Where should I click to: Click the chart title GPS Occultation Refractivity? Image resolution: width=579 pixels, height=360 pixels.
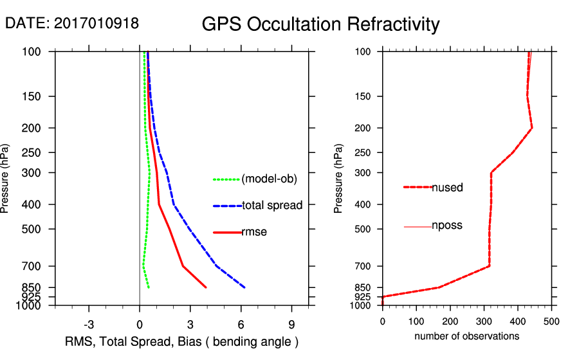(x=320, y=24)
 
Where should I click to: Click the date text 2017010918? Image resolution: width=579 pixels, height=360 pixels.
(x=96, y=23)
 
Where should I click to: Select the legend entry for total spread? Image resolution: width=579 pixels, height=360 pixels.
(x=272, y=206)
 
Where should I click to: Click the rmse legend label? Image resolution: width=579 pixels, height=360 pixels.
(x=254, y=232)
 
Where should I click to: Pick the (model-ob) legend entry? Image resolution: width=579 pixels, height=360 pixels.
(x=269, y=179)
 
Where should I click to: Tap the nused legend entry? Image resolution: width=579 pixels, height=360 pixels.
(x=447, y=187)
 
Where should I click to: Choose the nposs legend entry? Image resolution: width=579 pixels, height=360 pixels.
(x=447, y=226)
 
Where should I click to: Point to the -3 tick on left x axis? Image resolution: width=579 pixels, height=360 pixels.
(x=89, y=325)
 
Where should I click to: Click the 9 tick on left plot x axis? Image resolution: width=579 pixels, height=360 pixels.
(x=291, y=325)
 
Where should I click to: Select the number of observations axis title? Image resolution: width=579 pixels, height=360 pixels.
(x=466, y=336)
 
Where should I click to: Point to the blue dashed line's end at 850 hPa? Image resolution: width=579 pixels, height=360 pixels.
(x=245, y=287)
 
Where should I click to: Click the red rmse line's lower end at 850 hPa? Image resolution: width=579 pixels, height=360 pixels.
(x=206, y=287)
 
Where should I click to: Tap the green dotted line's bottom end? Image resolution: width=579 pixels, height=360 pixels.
(x=149, y=287)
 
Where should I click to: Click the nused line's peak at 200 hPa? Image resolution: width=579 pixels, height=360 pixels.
(x=532, y=129)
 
